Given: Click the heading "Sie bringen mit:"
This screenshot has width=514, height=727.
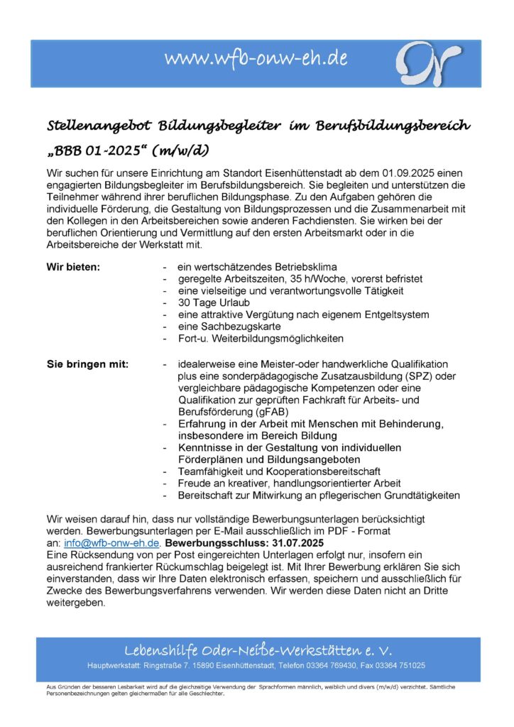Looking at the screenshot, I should (87, 364).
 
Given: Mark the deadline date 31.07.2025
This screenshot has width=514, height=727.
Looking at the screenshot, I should (288, 543).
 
